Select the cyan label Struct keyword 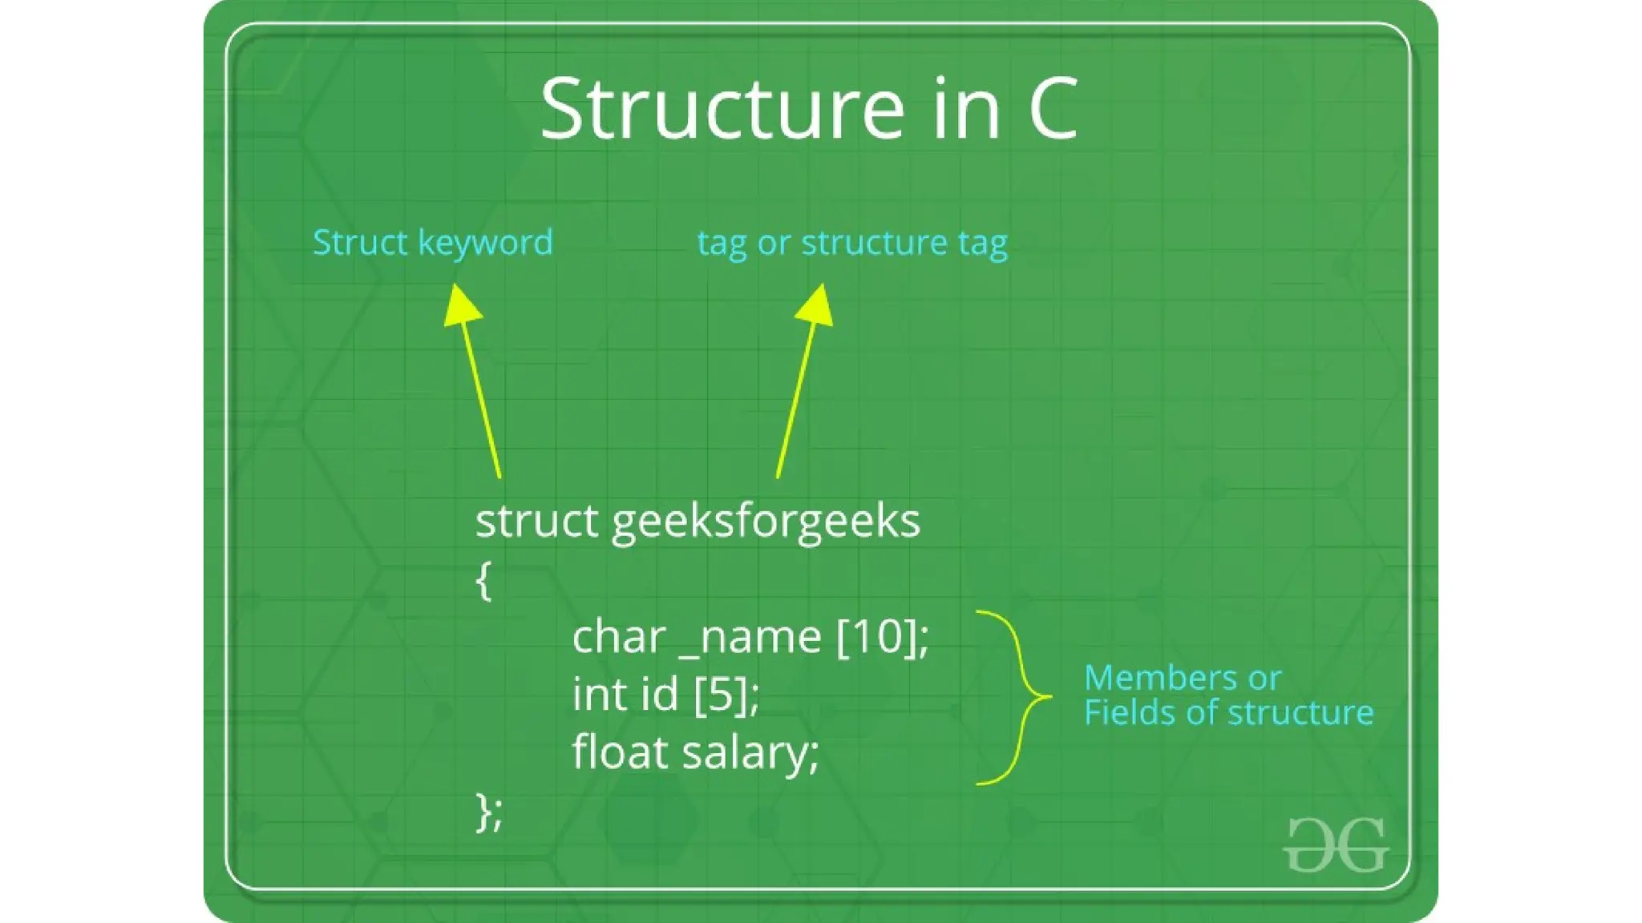[x=433, y=242]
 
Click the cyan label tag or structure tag [x=852, y=242]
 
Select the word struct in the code [x=536, y=521]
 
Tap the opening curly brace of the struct [x=483, y=580]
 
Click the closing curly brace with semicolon [x=488, y=812]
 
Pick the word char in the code [x=619, y=636]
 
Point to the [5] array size [x=725, y=694]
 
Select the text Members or [x=1182, y=678]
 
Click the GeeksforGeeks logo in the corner [x=1335, y=844]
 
